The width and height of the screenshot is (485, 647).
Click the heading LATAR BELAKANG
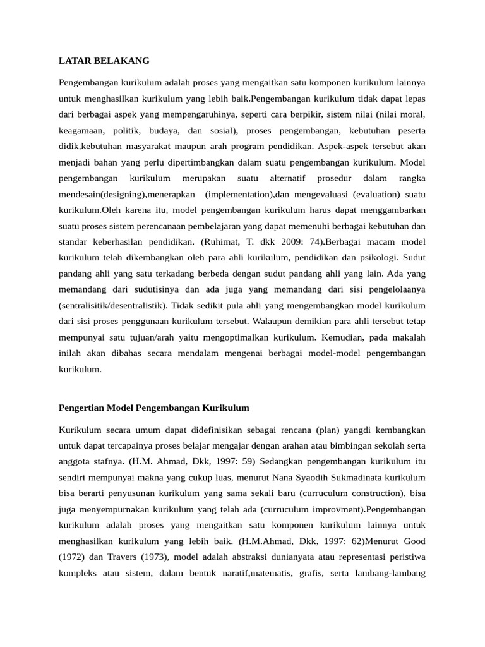[x=104, y=61]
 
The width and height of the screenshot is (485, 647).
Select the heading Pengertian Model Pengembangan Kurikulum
[x=154, y=408]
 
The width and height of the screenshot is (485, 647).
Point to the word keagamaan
[x=81, y=131]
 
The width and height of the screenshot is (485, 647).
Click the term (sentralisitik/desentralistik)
[x=112, y=305]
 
